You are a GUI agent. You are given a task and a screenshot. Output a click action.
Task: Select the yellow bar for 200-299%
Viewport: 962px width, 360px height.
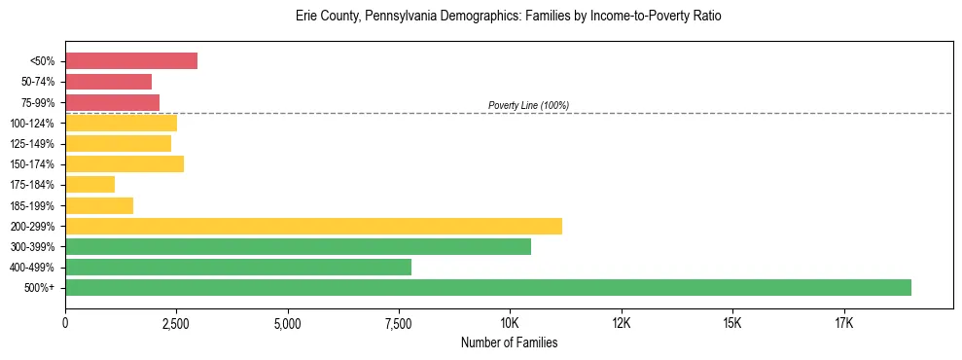313,226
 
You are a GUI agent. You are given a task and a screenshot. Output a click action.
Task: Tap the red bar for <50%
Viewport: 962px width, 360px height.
131,61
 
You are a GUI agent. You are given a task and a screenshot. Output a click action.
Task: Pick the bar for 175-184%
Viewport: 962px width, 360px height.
89,184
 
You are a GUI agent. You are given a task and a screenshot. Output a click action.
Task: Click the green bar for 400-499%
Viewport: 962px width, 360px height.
238,267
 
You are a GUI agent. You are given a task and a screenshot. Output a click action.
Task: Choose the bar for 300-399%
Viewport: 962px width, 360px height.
298,246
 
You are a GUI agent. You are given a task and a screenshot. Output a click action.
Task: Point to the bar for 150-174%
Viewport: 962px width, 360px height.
125,163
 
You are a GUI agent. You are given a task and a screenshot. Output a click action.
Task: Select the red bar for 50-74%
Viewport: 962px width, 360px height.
108,82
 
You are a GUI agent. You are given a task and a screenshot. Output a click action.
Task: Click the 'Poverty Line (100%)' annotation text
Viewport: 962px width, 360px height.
528,105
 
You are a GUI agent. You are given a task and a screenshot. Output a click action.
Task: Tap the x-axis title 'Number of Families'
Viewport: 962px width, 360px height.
509,342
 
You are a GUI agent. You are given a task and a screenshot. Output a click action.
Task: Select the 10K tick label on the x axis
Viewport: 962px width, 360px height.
510,323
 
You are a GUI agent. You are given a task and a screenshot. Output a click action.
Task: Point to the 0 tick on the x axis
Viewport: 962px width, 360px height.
65,323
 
